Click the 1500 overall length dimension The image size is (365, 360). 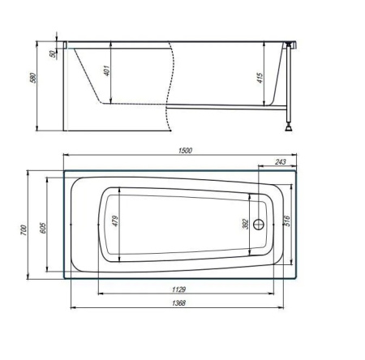pyautogui.click(x=185, y=150)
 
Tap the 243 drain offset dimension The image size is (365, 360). pyautogui.click(x=281, y=161)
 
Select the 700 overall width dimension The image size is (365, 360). pyautogui.click(x=24, y=230)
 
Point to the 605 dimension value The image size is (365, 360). pyautogui.click(x=43, y=228)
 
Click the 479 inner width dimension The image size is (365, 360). pyautogui.click(x=115, y=221)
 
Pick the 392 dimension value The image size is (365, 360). pyautogui.click(x=245, y=224)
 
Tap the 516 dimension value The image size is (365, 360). pyautogui.click(x=287, y=221)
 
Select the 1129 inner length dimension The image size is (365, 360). pyautogui.click(x=179, y=289)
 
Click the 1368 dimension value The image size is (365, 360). pyautogui.click(x=179, y=303)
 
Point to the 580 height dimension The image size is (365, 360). pyautogui.click(x=32, y=78)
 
